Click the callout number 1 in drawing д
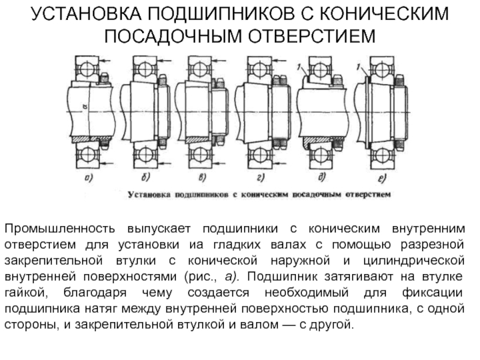point(298,67)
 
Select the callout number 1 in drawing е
point(358,66)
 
